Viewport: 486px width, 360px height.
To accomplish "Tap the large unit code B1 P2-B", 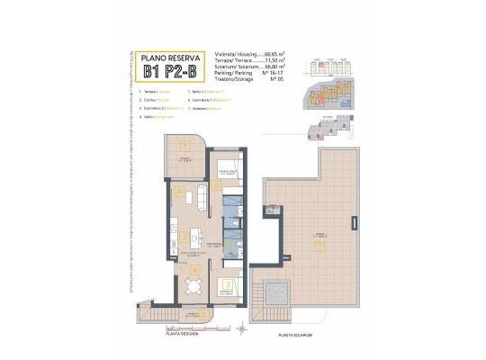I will (168, 68).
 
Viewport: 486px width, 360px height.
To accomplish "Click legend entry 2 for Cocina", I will (155, 100).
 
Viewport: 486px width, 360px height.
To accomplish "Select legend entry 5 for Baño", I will (202, 92).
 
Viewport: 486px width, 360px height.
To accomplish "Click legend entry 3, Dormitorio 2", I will (162, 108).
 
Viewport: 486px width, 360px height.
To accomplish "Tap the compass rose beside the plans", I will (241, 330).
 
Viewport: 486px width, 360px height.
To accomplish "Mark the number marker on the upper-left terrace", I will (184, 146).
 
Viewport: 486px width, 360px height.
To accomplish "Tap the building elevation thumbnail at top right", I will (328, 67).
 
